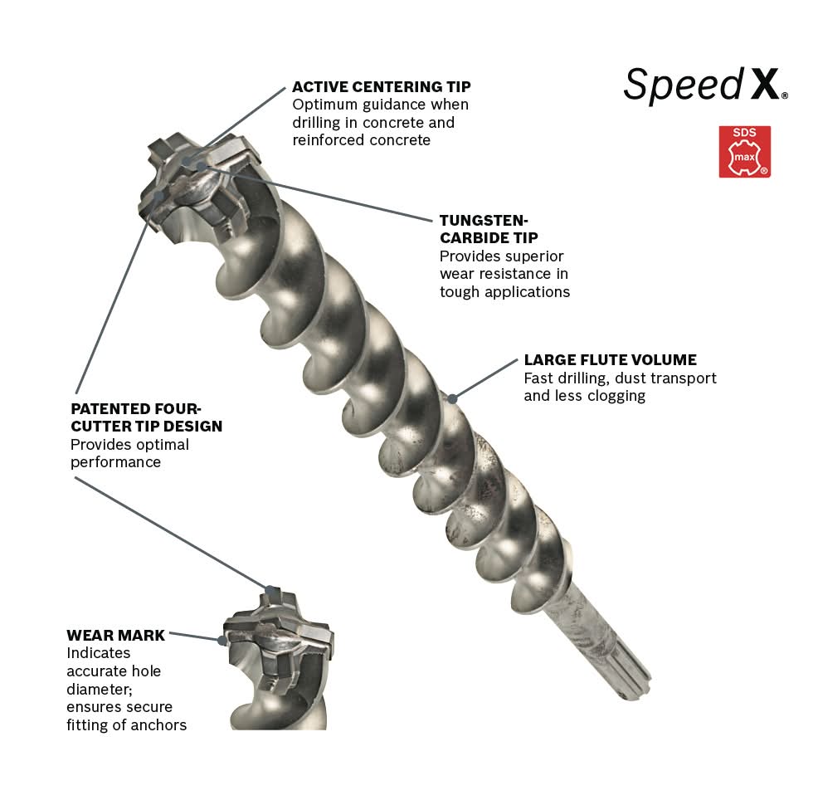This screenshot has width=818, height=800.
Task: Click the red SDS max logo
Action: coord(744,151)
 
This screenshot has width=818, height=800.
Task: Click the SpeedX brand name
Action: coord(705,85)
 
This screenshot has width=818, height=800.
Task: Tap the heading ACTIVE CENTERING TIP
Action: coord(382,86)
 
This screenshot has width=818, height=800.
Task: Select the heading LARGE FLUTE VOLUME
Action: coord(610,360)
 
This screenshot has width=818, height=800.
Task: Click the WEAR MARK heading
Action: coord(116,636)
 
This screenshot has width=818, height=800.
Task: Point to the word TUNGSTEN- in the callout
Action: coord(484,221)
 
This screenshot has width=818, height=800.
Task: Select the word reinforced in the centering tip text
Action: coord(323,140)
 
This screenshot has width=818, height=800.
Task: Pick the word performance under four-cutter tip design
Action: coord(116,463)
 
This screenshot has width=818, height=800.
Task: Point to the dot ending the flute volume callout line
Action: coord(453,399)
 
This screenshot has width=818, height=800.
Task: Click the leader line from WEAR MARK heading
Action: coord(196,637)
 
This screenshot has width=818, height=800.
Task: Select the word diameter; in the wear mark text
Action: coord(100,690)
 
